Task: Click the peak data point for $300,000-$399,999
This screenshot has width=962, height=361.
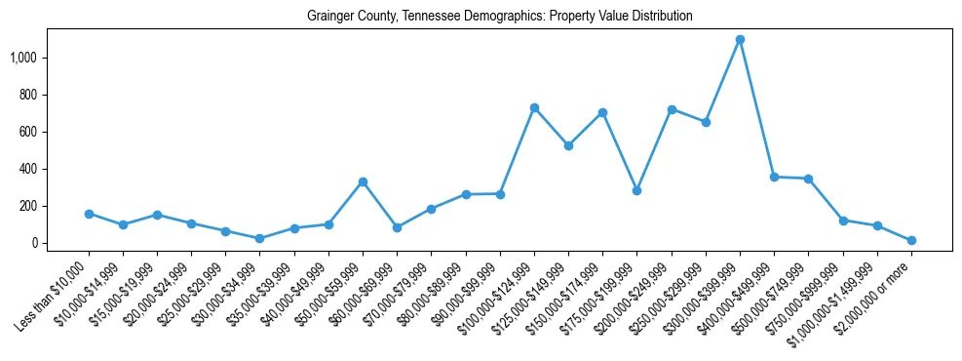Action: point(740,40)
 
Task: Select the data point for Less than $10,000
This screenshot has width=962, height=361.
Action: point(89,214)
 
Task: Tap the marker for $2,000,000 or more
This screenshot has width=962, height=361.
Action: point(911,240)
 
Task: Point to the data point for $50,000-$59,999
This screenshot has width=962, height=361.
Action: point(363,181)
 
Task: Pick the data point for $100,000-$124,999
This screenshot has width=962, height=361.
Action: point(534,107)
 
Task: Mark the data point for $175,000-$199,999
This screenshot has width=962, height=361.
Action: point(636,190)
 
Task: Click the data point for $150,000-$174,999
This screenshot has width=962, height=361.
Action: point(602,112)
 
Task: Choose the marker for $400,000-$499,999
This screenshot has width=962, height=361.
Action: point(774,177)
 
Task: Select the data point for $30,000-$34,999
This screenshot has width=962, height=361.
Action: point(259,238)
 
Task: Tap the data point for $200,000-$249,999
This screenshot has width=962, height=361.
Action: point(672,109)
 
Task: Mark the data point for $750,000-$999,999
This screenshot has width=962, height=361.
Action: point(843,221)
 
